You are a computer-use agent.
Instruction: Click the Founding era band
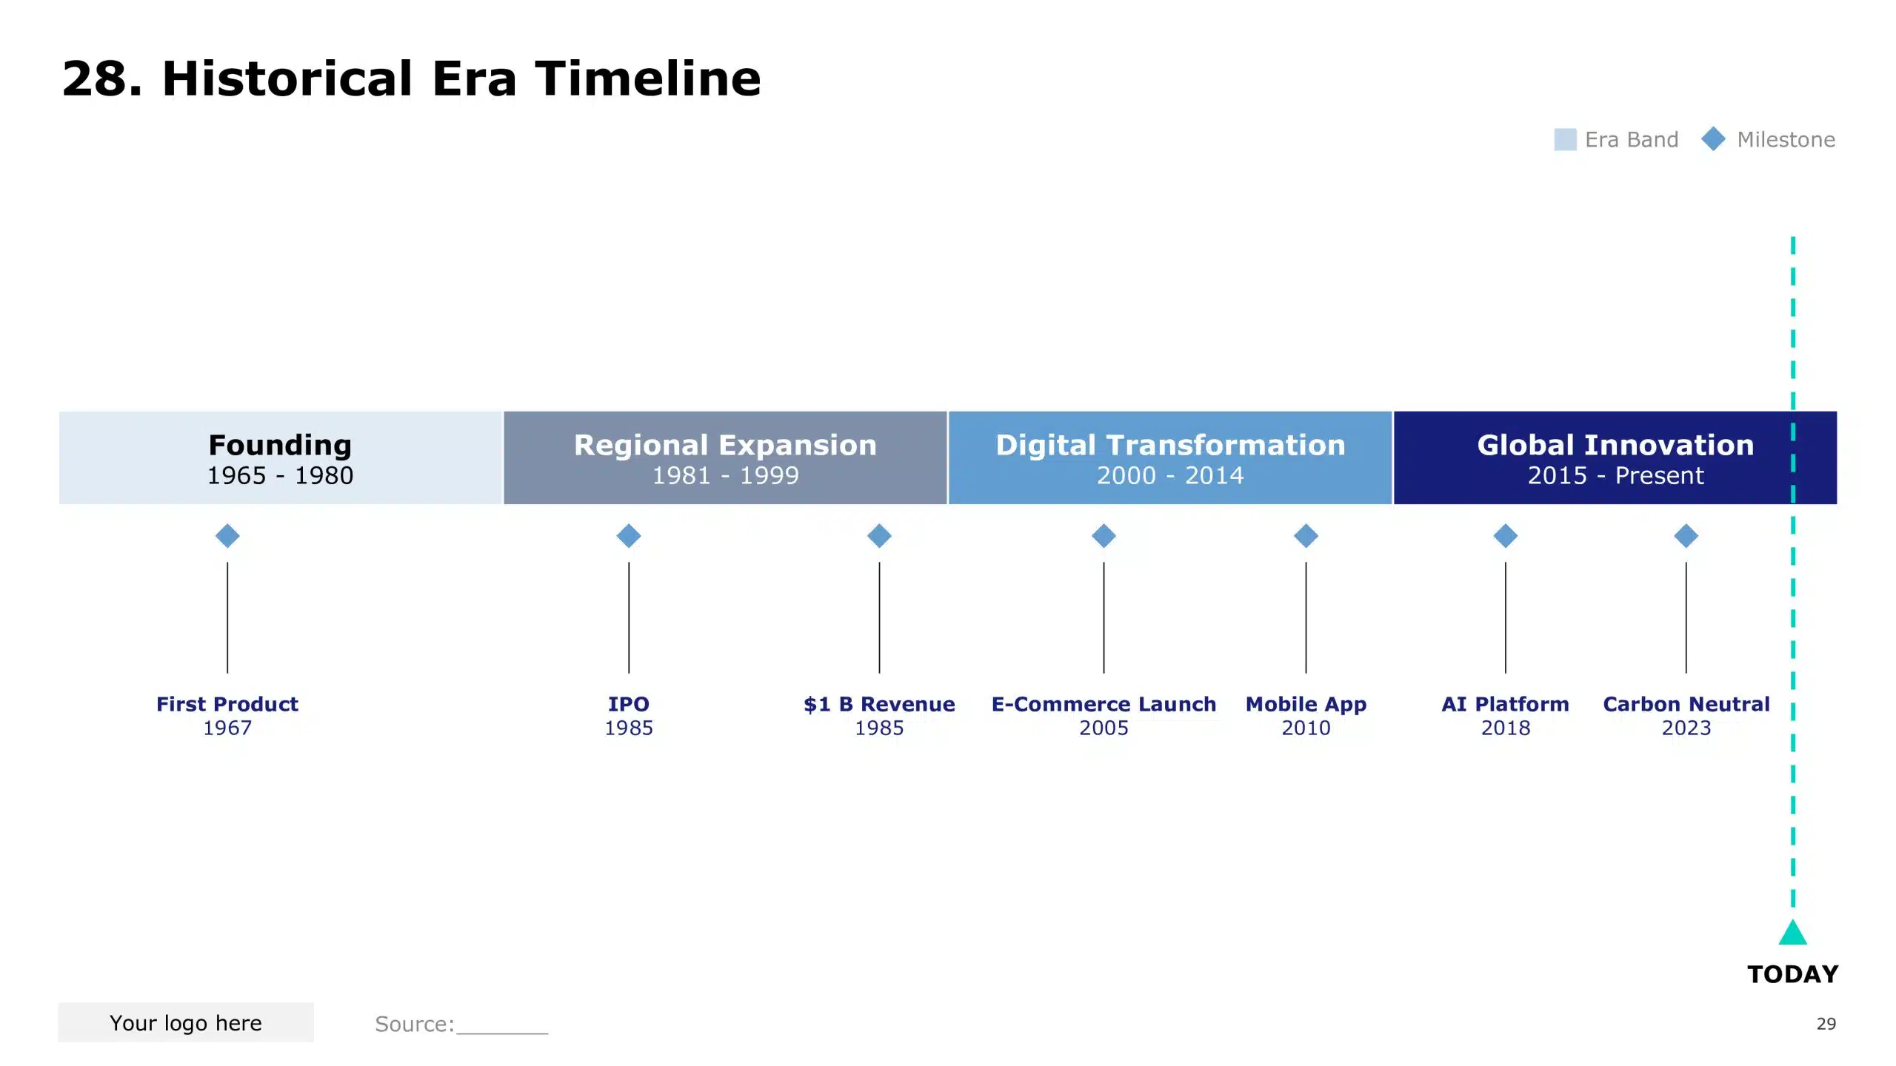click(x=280, y=457)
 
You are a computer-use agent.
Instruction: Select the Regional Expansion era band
click(x=724, y=457)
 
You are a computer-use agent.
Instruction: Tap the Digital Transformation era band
click(x=1169, y=457)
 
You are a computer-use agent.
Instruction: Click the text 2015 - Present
click(x=1615, y=475)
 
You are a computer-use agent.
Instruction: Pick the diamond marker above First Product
click(x=227, y=535)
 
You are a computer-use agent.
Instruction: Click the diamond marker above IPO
click(x=628, y=535)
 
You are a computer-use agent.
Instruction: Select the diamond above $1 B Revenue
click(x=879, y=535)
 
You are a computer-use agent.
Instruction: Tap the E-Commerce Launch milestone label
click(x=1104, y=704)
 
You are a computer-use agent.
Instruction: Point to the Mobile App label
click(x=1306, y=704)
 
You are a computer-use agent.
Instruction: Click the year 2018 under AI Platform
click(x=1505, y=728)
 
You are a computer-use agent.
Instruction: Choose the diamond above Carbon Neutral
click(x=1686, y=535)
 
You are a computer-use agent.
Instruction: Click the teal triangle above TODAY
click(x=1792, y=933)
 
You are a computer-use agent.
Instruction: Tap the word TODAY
click(x=1792, y=974)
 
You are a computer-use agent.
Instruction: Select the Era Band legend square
click(x=1564, y=139)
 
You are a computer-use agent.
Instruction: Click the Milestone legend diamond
click(x=1713, y=138)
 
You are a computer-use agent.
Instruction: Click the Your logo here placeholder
click(x=186, y=1022)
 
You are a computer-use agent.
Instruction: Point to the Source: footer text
click(x=414, y=1024)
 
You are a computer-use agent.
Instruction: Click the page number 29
click(x=1826, y=1024)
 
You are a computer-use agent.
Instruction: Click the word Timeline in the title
click(x=647, y=78)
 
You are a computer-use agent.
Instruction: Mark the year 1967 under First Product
click(x=227, y=728)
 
